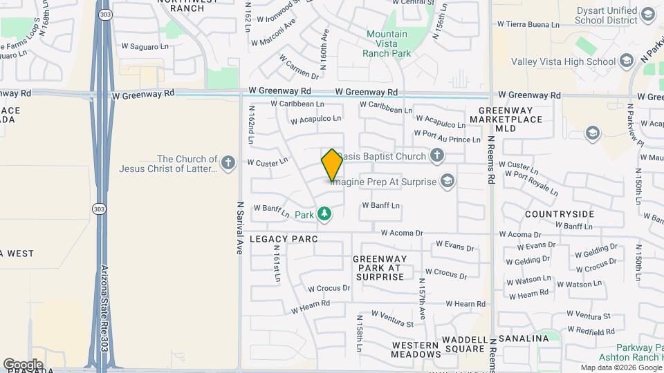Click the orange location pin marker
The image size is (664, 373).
coord(332,164)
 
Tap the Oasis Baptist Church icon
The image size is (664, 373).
coord(436,155)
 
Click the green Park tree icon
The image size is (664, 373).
coord(324,215)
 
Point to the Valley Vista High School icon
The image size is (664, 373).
coord(627,61)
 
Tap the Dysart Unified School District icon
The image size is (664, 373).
coord(648,14)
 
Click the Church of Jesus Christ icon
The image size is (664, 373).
coord(229,164)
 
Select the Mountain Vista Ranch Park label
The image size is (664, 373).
coord(387,44)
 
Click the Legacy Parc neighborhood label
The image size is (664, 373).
coord(283,239)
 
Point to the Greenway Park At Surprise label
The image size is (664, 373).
coord(379,268)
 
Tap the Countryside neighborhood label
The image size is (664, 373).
coord(559,214)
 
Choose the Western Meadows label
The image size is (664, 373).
coord(416,350)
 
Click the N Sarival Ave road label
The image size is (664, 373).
coord(241,228)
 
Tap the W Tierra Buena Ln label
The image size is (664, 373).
coord(528,24)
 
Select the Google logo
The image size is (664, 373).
coord(23,364)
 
